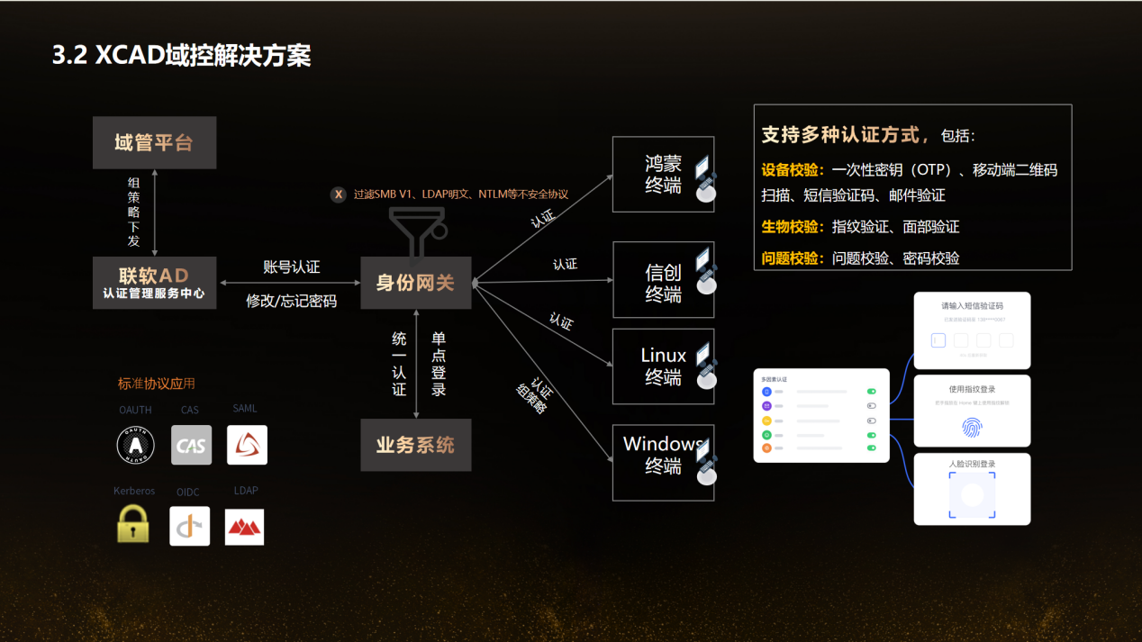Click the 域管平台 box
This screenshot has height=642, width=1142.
click(154, 142)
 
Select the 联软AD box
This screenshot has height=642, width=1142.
click(154, 282)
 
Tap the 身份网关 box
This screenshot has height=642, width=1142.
click(415, 283)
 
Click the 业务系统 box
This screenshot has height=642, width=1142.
click(415, 445)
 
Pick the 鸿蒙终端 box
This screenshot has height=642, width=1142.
click(663, 175)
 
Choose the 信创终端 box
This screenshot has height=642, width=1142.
click(663, 280)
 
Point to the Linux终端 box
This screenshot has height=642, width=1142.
click(663, 366)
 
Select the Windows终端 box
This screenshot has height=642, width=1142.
click(663, 463)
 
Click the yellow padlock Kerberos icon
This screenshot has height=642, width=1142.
click(133, 524)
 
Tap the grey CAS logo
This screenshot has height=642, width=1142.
click(191, 445)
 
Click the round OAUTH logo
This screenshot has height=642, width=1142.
click(136, 445)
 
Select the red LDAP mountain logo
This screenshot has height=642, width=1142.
click(244, 526)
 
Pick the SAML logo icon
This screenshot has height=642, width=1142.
click(247, 445)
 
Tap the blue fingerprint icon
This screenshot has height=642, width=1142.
click(972, 427)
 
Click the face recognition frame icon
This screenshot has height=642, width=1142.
click(972, 496)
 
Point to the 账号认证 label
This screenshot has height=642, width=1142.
click(291, 267)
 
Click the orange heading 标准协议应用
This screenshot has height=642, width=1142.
click(157, 384)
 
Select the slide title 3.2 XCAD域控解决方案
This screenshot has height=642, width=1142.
click(181, 56)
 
